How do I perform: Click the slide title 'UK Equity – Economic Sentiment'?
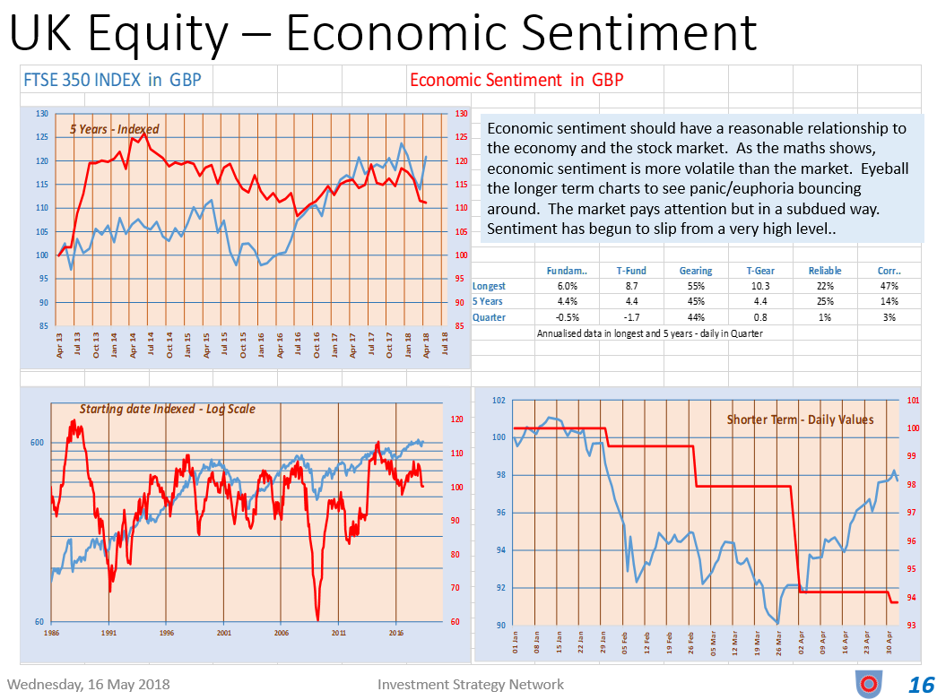[384, 33]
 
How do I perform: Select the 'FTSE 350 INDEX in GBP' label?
[112, 80]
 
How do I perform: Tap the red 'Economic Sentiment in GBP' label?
[516, 80]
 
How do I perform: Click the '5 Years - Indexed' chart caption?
[114, 129]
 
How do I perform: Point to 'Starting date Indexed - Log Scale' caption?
[167, 409]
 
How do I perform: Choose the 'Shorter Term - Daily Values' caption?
[800, 419]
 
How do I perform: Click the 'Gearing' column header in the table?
[696, 271]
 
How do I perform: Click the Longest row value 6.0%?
[568, 286]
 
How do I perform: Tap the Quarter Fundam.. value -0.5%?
[568, 317]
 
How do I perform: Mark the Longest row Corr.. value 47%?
[889, 286]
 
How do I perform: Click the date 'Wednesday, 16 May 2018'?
[88, 685]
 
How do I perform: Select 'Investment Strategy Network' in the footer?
[471, 685]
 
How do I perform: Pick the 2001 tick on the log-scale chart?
[223, 632]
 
